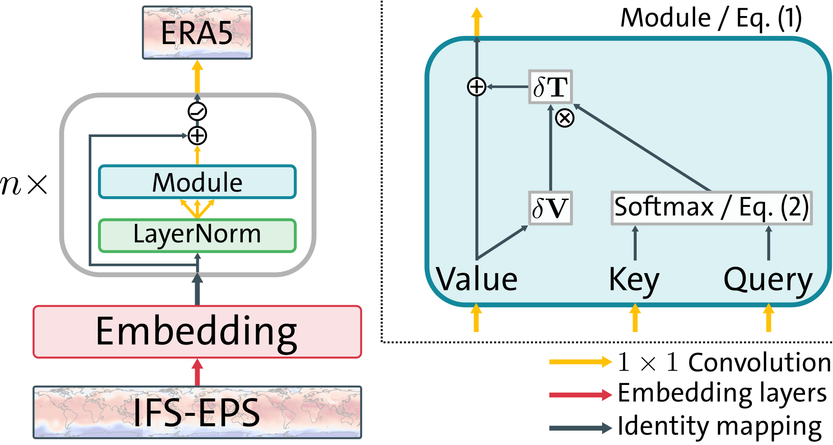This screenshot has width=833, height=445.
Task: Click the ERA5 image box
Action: click(x=197, y=33)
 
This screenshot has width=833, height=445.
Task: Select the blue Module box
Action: click(x=197, y=182)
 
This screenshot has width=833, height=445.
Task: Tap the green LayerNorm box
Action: click(x=197, y=235)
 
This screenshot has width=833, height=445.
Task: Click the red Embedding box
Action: click(x=197, y=331)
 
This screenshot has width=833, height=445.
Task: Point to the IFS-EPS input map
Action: click(x=197, y=412)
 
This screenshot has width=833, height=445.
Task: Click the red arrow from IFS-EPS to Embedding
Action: click(x=197, y=372)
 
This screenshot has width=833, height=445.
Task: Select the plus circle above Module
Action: click(x=197, y=135)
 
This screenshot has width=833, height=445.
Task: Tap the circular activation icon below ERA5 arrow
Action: click(x=197, y=111)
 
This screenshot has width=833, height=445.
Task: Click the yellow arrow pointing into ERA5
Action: click(x=197, y=77)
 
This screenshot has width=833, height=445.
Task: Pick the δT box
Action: click(x=550, y=87)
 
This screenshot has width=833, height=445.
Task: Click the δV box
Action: click(x=550, y=208)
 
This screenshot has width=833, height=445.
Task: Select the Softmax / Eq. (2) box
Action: click(x=711, y=208)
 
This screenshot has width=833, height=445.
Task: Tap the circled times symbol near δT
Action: click(x=565, y=118)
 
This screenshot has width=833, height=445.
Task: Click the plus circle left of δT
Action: click(x=477, y=87)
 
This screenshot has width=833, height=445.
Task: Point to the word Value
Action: click(x=477, y=279)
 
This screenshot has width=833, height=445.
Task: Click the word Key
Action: click(x=634, y=280)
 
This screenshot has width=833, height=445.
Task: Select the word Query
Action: click(x=768, y=280)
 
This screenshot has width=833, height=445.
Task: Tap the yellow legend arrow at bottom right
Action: click(x=580, y=362)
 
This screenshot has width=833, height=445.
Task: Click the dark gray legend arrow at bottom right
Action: click(x=580, y=428)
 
